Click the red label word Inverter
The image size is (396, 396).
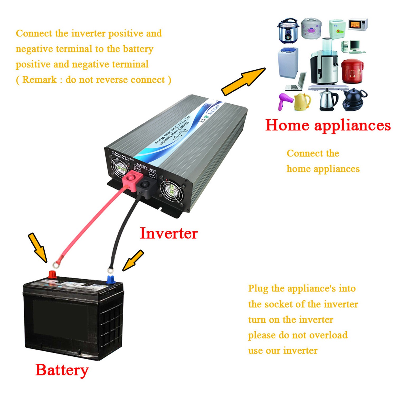[169, 233]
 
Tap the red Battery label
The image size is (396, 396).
[62, 370]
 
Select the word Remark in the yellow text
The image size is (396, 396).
[40, 79]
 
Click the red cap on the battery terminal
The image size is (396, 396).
[52, 275]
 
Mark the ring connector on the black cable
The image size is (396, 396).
[110, 271]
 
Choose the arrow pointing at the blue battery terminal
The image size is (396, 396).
[133, 261]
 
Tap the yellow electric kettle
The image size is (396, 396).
[302, 102]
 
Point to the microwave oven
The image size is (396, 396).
[358, 25]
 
